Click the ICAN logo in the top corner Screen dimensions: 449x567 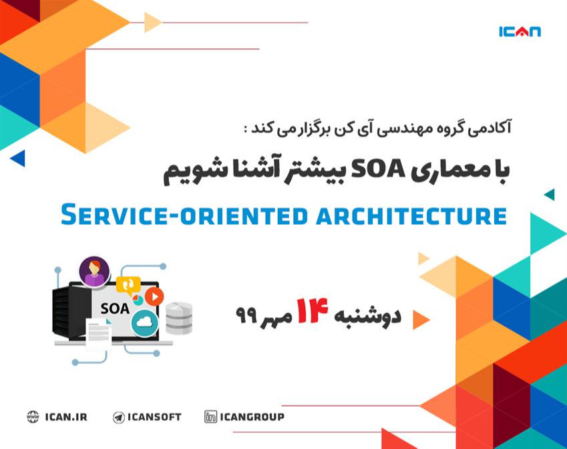(x=520, y=31)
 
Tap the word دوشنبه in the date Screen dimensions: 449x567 (x=375, y=316)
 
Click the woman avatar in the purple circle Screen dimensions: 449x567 (x=94, y=271)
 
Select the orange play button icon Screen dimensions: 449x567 (x=154, y=296)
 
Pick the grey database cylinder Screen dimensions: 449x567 (x=179, y=317)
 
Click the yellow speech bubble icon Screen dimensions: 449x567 (x=128, y=285)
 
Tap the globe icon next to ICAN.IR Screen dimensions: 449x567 (x=33, y=417)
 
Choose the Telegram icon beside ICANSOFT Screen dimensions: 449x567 (x=119, y=417)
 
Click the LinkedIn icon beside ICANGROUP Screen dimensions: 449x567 (x=211, y=417)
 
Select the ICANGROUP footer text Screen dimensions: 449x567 (x=253, y=417)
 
